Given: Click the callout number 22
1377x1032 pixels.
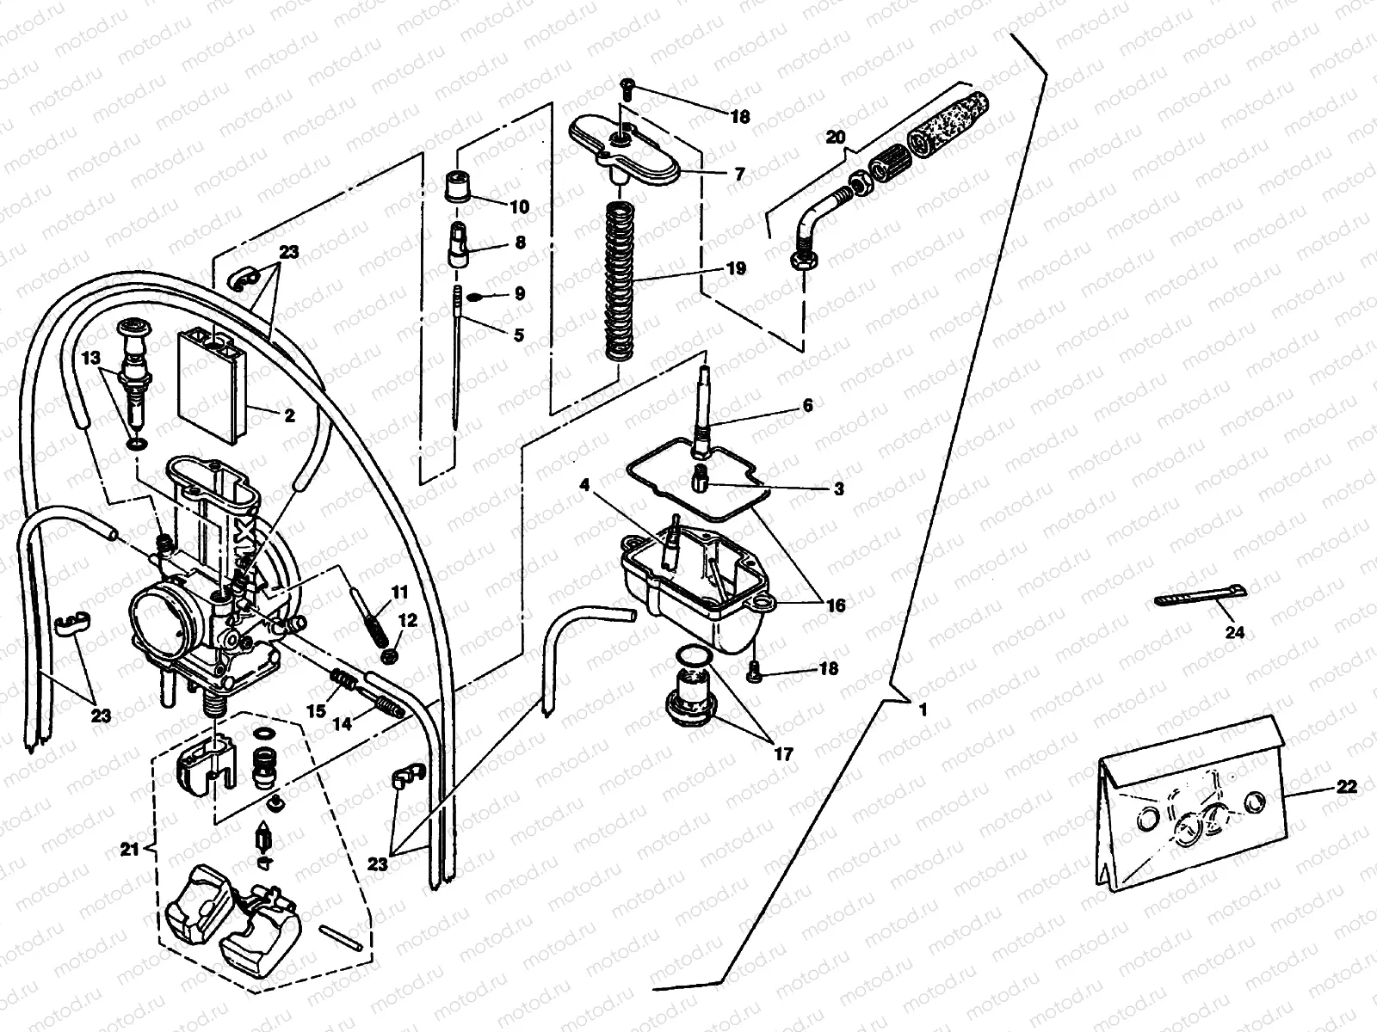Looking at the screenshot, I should [1348, 786].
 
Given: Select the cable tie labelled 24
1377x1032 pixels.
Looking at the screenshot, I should [1196, 596].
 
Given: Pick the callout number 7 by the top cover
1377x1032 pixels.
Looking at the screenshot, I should [738, 173].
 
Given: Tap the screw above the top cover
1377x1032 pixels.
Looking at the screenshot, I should [626, 84].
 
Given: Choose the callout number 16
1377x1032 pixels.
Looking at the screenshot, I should [835, 605].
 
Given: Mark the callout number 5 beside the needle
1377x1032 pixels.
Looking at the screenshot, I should [517, 335].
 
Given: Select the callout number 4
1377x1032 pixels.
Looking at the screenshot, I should [584, 485].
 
